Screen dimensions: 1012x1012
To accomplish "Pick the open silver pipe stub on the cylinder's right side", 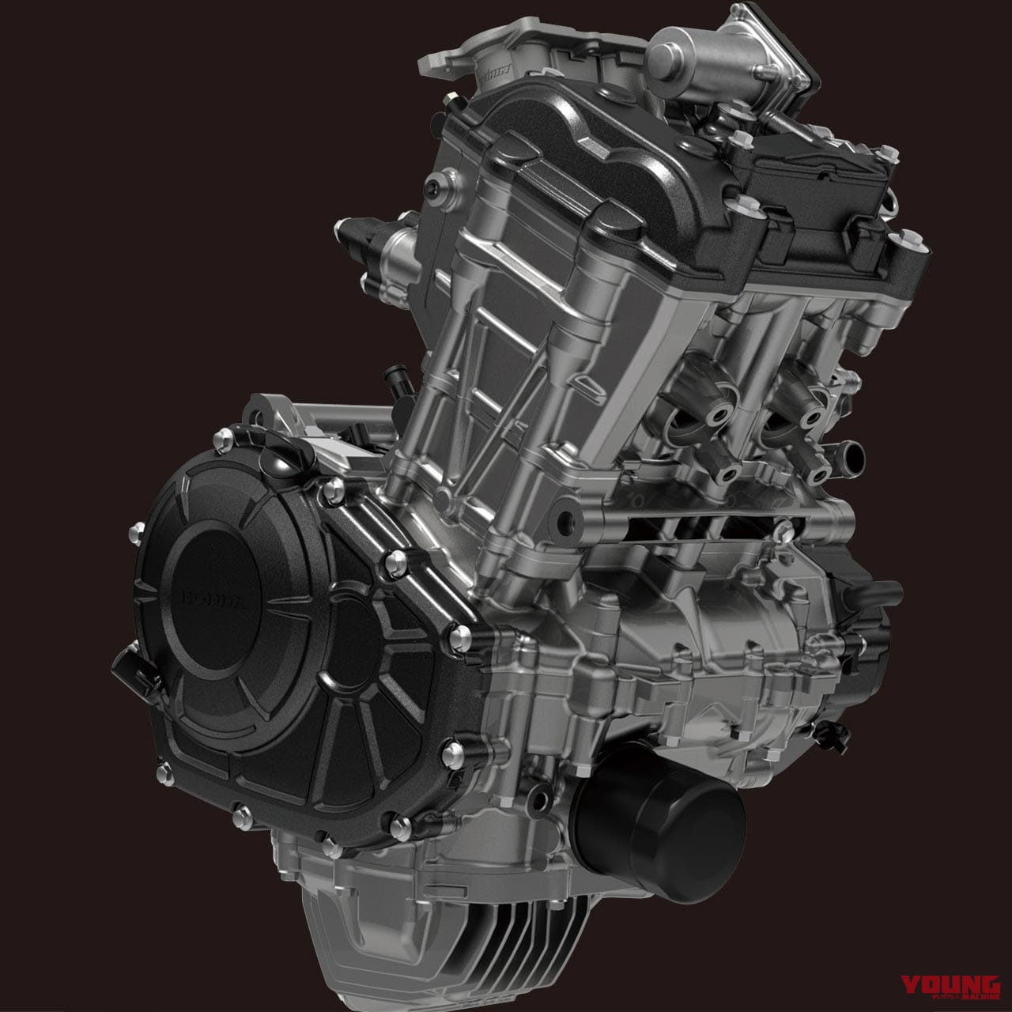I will (847, 454).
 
